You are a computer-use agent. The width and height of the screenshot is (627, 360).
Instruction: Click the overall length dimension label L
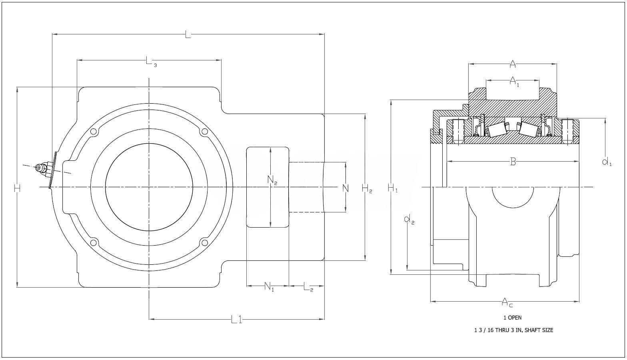coord(188,35)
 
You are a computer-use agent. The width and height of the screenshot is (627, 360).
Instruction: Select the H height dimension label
coord(17,188)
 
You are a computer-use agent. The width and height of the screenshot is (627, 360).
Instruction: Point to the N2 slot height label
coord(272,181)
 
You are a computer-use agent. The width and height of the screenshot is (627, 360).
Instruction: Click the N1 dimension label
coord(269,286)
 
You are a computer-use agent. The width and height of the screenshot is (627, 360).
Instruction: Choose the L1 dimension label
coord(237,320)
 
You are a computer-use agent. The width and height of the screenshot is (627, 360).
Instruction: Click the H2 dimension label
coord(367,188)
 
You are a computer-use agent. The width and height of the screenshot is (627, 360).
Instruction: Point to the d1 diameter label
coord(607,162)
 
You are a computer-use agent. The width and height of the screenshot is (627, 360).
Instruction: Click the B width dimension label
coord(513,162)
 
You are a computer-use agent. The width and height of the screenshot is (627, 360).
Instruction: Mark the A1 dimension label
coord(514,82)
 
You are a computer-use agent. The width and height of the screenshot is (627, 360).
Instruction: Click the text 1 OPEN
coord(512,318)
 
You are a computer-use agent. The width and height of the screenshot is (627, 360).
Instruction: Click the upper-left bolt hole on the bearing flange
coord(94,132)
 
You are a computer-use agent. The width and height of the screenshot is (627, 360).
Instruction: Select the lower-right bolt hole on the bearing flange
coord(204,242)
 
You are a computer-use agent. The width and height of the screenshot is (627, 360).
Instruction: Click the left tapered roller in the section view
coord(495,129)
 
